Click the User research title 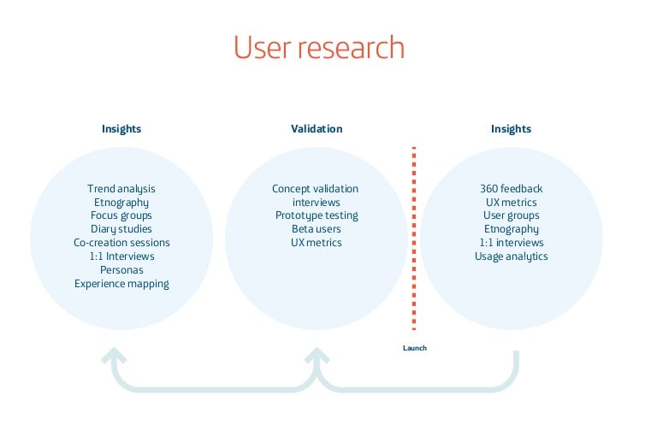pos(319,48)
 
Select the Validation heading pos(316,129)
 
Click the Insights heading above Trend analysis pos(121,129)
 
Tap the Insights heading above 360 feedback pos(511,129)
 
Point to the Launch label pos(414,348)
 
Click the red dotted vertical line pos(414,239)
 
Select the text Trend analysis pos(121,188)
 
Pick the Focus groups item pos(121,215)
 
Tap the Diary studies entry pos(121,229)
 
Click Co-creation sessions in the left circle pos(121,243)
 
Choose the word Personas pos(121,270)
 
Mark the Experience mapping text pos(121,284)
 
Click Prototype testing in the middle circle pos(316,215)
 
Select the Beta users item pos(316,229)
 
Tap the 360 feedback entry pos(511,188)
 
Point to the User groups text pos(511,215)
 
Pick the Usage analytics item pos(511,256)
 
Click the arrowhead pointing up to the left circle pos(114,356)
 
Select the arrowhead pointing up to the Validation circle pos(317,356)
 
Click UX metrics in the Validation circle pos(316,243)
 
